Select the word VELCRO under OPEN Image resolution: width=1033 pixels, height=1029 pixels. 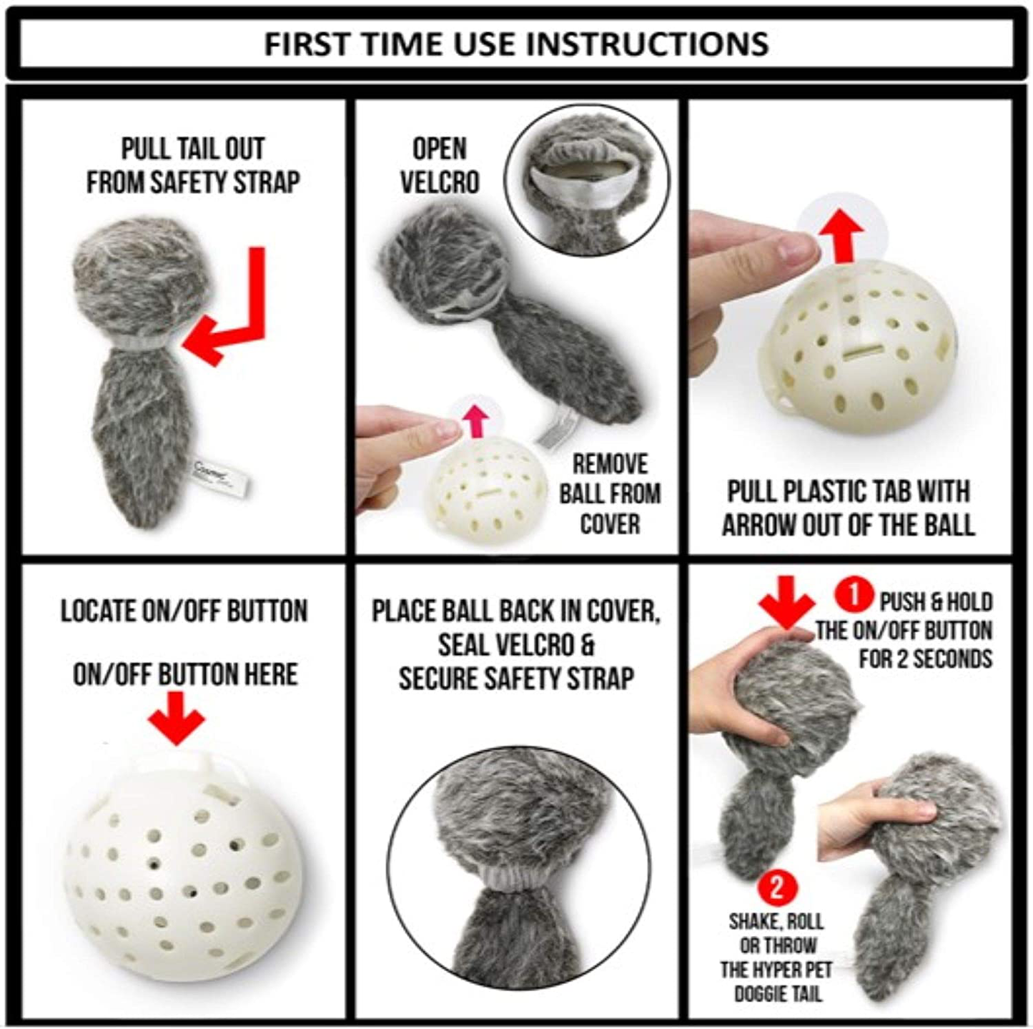(x=440, y=181)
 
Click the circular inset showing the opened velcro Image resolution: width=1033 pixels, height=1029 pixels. (x=588, y=181)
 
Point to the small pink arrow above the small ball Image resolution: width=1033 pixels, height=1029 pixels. (x=475, y=421)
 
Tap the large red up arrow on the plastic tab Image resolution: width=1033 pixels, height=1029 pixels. (x=844, y=235)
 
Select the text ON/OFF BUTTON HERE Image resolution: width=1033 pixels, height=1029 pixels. (x=185, y=674)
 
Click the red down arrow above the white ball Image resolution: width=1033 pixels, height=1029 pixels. (x=176, y=718)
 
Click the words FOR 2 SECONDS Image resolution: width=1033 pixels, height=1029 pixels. (x=926, y=658)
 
